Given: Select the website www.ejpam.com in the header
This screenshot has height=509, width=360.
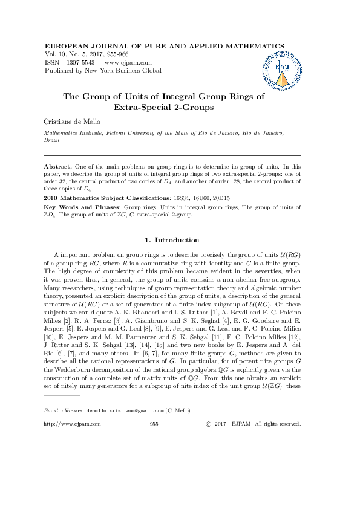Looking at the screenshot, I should coord(129,62).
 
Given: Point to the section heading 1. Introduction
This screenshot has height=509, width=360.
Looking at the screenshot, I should coord(172,240).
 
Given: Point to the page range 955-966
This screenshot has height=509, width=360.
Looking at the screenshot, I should coord(120,54).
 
